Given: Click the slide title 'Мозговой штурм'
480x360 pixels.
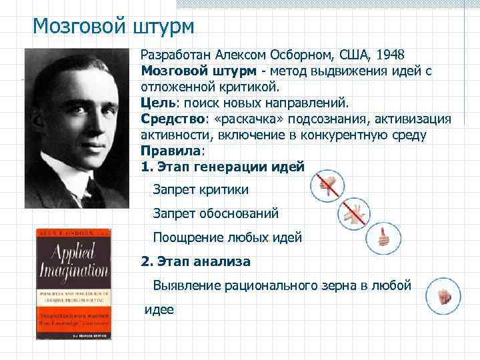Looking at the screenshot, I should [113, 27].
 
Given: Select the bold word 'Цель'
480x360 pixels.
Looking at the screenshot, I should [157, 103].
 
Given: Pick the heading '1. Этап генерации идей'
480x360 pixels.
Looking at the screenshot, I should [223, 167].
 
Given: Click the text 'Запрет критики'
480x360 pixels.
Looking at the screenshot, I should [201, 190].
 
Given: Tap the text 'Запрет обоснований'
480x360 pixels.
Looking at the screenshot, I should [215, 214].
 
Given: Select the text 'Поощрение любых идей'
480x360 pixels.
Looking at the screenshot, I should [227, 237].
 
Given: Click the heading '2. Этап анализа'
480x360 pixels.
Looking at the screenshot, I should [196, 261].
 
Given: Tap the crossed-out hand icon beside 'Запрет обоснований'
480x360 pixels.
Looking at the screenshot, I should [353, 213].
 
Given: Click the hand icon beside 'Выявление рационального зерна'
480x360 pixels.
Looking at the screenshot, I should [444, 295].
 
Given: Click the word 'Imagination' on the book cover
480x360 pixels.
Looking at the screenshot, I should [77, 271].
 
